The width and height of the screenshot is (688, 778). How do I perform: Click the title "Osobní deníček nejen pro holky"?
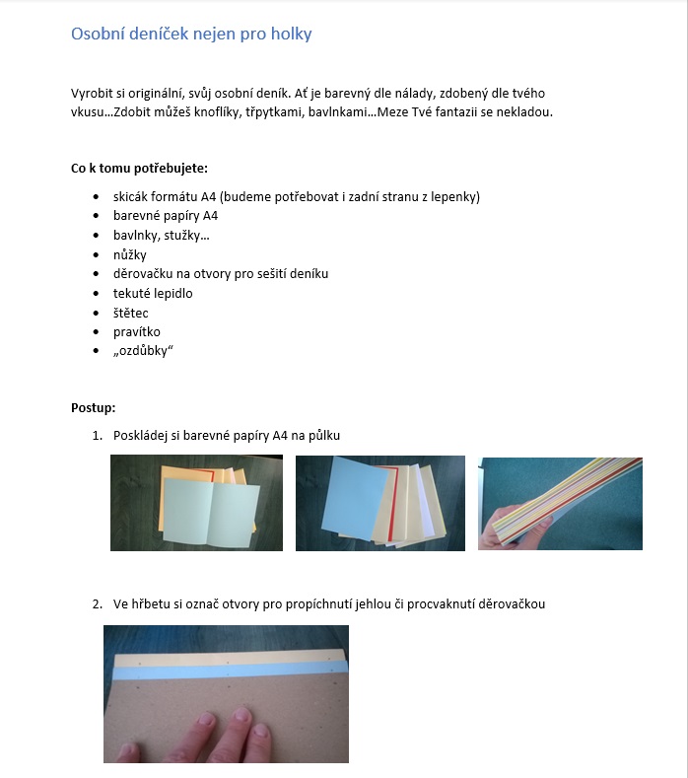click(191, 35)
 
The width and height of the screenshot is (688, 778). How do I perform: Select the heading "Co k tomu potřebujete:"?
click(139, 169)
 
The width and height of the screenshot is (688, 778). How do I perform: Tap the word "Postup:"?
click(93, 407)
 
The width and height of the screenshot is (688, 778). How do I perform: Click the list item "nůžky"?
click(129, 254)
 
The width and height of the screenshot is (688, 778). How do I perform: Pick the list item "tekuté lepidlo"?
click(153, 293)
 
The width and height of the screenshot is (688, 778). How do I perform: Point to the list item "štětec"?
click(131, 313)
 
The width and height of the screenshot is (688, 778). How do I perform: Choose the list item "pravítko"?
click(136, 332)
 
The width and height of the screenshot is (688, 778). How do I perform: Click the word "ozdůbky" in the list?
click(143, 352)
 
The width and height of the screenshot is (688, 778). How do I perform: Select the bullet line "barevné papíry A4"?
click(166, 216)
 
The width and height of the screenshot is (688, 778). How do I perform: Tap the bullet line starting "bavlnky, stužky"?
click(161, 236)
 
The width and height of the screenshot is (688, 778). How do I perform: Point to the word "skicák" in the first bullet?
click(133, 197)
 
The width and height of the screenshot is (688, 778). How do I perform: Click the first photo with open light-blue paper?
click(196, 502)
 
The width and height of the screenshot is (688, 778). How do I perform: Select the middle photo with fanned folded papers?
click(379, 502)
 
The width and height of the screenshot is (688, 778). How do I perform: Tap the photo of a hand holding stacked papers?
click(560, 503)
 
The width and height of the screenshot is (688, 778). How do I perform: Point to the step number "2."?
click(98, 603)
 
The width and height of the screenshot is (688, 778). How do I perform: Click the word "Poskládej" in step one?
click(144, 435)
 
